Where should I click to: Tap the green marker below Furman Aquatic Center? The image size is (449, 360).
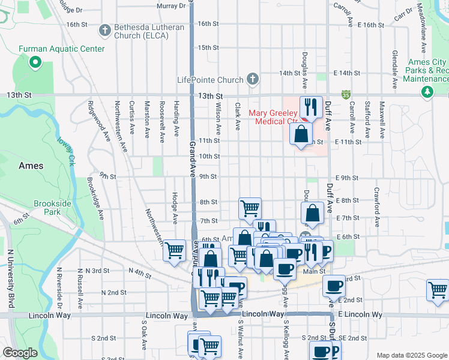point(35,61)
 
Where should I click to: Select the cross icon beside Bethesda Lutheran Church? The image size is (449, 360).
point(105,29)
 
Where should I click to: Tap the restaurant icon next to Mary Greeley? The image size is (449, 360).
point(311,107)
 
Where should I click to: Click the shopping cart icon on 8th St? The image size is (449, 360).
point(250,208)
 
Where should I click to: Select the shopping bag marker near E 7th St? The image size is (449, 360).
point(312,212)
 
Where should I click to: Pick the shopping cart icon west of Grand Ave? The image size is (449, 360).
point(175,250)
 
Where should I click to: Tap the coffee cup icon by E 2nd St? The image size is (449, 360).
point(334,286)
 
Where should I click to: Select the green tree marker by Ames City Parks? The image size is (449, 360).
point(427,91)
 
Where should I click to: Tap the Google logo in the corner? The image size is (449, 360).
point(20,352)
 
